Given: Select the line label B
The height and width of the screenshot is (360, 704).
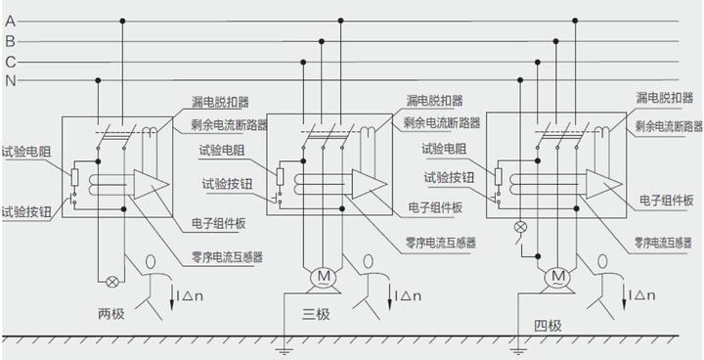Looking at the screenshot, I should tap(10, 40).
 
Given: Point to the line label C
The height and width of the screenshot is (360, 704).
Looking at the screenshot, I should tap(10, 61).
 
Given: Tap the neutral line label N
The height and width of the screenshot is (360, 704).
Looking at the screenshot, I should tap(10, 80).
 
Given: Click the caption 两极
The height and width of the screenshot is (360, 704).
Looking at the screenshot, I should tap(112, 313).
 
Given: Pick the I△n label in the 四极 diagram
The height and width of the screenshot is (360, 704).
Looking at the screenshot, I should tap(643, 293).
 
